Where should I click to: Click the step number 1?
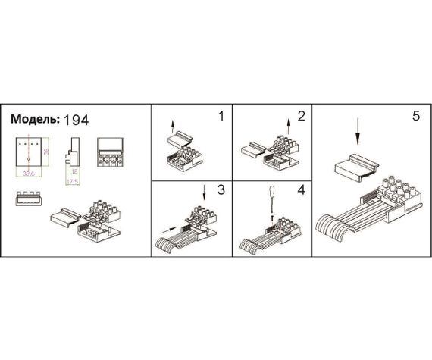click(221, 117)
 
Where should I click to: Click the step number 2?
click(301, 117)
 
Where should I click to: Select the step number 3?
click(221, 190)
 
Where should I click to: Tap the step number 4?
click(301, 190)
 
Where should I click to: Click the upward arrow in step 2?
click(289, 125)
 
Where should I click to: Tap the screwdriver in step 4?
click(272, 202)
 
